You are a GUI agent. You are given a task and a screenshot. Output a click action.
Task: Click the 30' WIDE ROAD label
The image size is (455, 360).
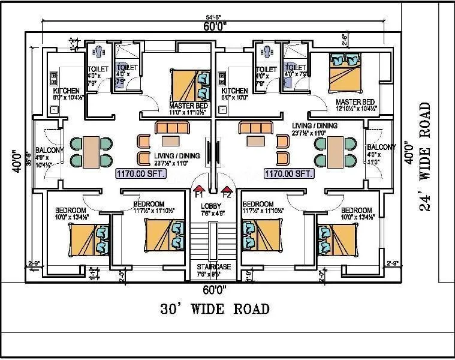215,309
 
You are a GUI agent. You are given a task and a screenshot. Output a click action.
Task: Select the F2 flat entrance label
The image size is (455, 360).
227,194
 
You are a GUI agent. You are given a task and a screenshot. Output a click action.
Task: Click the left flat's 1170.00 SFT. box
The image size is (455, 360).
141,173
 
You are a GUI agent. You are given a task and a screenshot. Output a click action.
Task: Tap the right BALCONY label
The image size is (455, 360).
381,148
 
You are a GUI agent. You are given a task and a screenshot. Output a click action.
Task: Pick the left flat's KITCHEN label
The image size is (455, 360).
67,91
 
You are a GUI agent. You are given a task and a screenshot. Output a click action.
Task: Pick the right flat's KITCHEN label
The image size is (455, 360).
234,91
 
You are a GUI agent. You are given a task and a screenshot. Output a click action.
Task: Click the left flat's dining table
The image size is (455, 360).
92,152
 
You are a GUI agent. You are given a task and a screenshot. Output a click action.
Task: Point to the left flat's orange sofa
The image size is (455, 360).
171,127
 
